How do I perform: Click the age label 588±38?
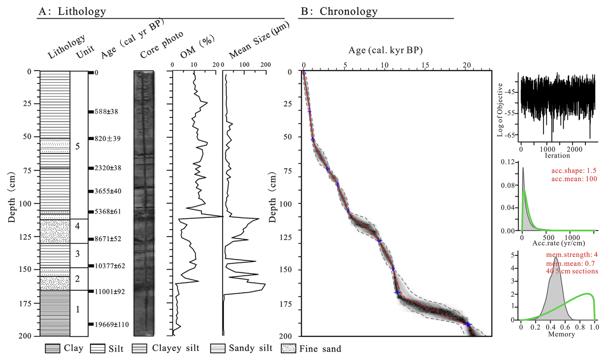(106, 112)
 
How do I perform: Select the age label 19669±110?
(112, 325)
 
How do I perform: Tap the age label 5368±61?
(108, 212)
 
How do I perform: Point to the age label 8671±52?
(108, 239)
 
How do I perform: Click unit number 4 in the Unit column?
(77, 226)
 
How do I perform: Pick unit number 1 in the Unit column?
(77, 309)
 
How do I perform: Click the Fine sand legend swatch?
(288, 348)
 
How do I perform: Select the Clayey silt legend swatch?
(139, 348)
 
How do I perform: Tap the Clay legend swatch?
(52, 348)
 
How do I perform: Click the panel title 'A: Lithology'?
(72, 11)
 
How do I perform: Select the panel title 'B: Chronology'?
(339, 11)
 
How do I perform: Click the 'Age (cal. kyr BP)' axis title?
(386, 50)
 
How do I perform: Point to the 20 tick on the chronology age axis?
(467, 65)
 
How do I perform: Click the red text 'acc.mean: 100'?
(574, 179)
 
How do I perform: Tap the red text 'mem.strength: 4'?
(572, 255)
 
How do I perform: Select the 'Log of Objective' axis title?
(500, 110)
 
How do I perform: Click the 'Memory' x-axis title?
(562, 334)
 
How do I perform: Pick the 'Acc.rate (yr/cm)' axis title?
(559, 243)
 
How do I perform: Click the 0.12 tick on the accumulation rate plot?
(508, 162)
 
